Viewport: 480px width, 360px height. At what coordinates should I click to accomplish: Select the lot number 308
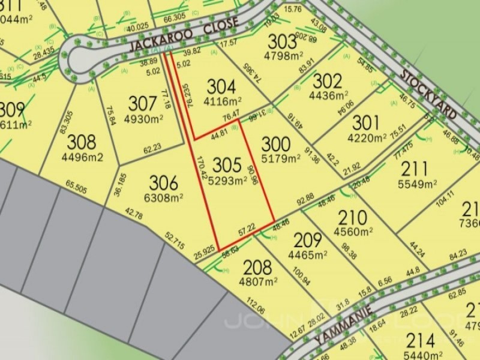tap(82, 142)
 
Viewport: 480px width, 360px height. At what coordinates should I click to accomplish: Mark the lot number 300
tap(277, 144)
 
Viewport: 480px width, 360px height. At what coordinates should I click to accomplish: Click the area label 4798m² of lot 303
tap(282, 58)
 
